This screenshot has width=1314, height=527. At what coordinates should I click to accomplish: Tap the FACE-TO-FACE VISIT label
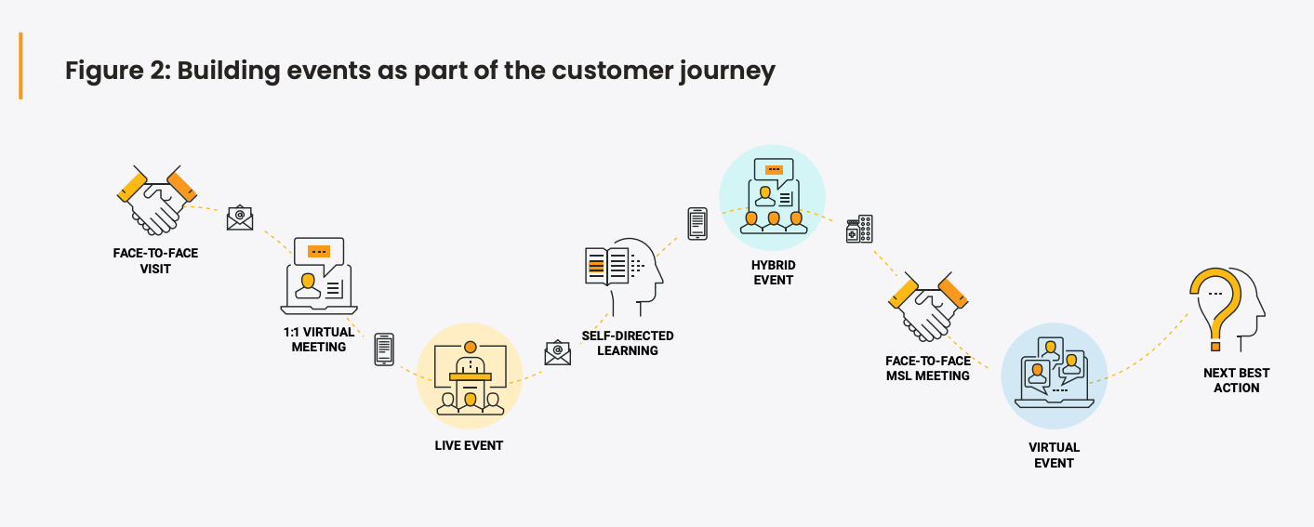[155, 261]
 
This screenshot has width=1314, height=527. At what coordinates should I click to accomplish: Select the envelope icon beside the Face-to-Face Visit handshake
[240, 217]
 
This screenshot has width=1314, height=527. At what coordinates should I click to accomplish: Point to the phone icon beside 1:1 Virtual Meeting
[383, 349]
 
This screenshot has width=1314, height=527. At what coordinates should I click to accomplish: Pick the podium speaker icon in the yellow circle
[470, 377]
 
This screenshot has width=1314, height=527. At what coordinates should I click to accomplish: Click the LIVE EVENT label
[469, 446]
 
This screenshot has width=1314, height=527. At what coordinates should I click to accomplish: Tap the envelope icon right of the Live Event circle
[557, 352]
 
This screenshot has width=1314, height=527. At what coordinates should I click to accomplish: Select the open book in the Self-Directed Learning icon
[607, 267]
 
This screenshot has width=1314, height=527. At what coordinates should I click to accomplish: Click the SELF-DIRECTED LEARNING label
[628, 343]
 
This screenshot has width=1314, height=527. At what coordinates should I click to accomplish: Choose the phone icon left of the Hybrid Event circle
[697, 224]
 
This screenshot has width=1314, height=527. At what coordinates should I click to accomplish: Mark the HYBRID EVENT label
[774, 272]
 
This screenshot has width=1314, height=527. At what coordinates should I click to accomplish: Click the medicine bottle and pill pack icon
[859, 229]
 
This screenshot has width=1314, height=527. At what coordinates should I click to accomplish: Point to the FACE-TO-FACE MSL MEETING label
[928, 368]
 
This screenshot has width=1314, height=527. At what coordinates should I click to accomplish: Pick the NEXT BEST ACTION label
[1237, 380]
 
